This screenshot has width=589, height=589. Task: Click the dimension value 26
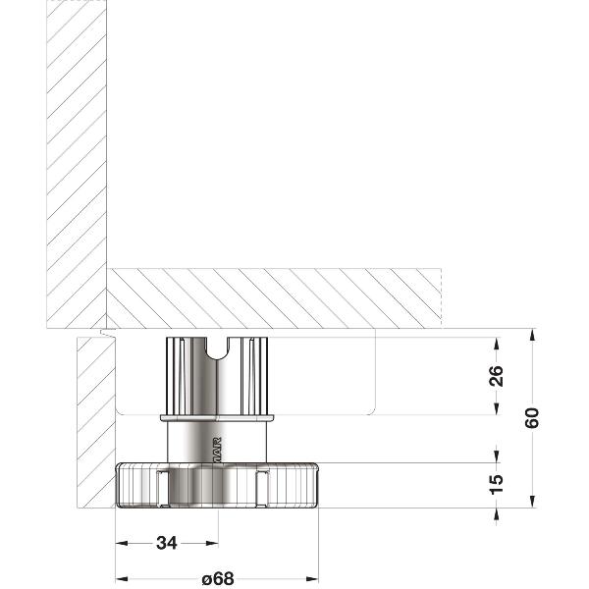pyautogui.click(x=496, y=376)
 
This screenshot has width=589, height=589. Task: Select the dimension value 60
pyautogui.click(x=532, y=417)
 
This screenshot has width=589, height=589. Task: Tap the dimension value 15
pyautogui.click(x=496, y=483)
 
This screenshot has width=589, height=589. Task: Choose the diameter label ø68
pyautogui.click(x=218, y=578)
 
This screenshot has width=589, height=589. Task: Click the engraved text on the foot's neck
pyautogui.click(x=218, y=447)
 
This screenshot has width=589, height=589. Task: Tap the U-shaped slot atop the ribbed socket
pyautogui.click(x=217, y=348)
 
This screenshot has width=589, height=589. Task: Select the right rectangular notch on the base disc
pyautogui.click(x=261, y=487)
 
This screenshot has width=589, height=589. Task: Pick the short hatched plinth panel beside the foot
pyautogui.click(x=95, y=422)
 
